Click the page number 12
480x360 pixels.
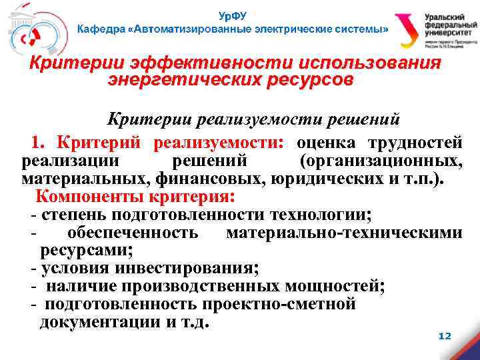(x=445, y=336)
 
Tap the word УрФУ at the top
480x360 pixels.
(x=232, y=14)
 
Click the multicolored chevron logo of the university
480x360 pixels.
(x=407, y=32)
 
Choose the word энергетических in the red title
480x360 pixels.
(x=171, y=80)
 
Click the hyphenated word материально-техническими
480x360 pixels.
(x=344, y=233)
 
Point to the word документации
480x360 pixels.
(x=97, y=323)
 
